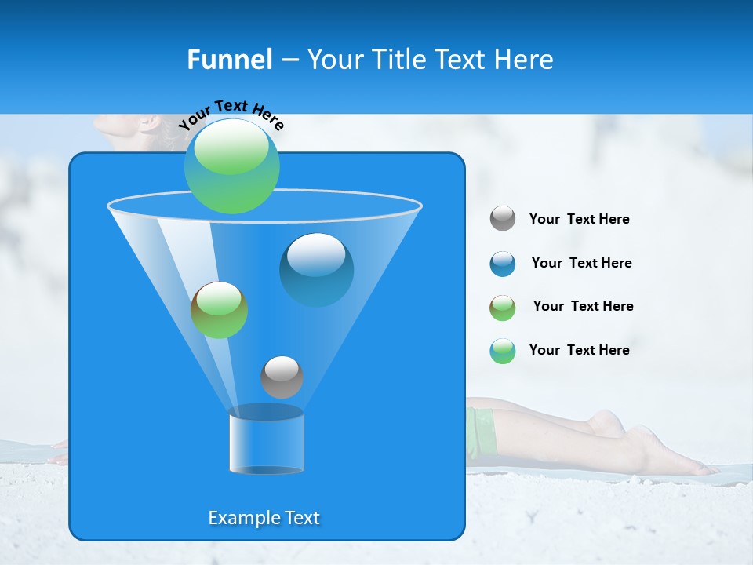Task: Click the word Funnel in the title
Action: click(230, 60)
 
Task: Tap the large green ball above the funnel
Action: click(232, 166)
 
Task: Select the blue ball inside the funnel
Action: click(317, 269)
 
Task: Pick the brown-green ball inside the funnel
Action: click(219, 310)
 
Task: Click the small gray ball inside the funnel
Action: click(282, 377)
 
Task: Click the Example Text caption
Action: click(264, 518)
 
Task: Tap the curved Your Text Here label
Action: click(231, 115)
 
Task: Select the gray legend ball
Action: click(503, 219)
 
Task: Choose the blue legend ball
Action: click(503, 264)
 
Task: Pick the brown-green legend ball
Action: click(503, 308)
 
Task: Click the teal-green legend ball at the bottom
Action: click(503, 351)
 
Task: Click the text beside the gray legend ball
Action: click(579, 220)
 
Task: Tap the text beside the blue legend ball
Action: click(581, 263)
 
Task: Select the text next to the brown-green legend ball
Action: click(583, 306)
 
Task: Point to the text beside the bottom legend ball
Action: click(579, 350)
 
